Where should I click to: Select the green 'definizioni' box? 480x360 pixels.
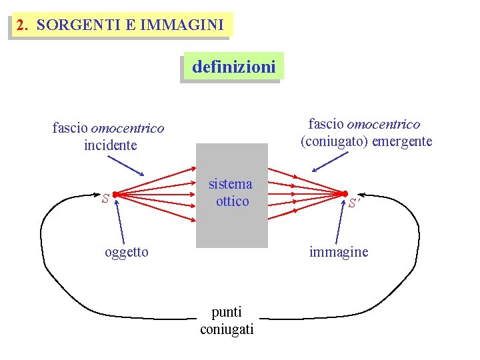pos(233,67)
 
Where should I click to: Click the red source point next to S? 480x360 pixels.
pos(115,194)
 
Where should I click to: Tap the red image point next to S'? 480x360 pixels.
pos(345,194)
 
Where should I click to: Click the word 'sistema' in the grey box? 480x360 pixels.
pos(231,184)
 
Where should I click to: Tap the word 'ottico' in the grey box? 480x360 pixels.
pos(232,201)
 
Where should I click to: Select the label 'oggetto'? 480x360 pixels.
pos(127,251)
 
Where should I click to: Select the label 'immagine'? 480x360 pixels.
pos(339,251)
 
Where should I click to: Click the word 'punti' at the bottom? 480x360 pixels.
pos(227,311)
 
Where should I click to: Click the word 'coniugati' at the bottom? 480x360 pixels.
pos(227,329)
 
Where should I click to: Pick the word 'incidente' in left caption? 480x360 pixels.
pos(111,145)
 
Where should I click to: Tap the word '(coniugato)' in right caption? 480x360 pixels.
pos(329,141)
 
